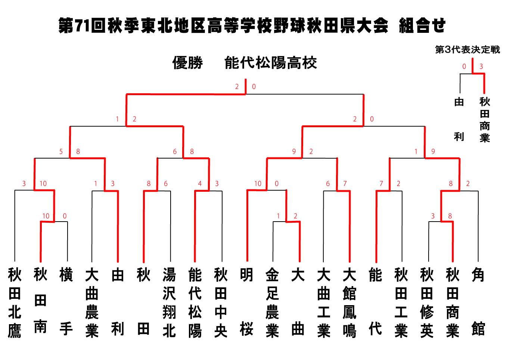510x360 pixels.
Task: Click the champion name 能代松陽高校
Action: (x=270, y=63)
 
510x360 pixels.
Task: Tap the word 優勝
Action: (x=187, y=63)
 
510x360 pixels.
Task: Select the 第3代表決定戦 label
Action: (x=467, y=50)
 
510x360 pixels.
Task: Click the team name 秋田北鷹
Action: (x=15, y=303)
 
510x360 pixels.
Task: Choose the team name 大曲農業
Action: (x=92, y=303)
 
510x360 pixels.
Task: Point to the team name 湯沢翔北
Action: (x=169, y=303)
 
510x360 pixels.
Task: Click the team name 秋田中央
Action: (x=220, y=303)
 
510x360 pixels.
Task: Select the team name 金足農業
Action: (x=272, y=303)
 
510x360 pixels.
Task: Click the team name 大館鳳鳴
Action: (x=349, y=303)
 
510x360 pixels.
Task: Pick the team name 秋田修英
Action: (x=427, y=303)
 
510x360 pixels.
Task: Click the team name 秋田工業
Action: (x=401, y=303)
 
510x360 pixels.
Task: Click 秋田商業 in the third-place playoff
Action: (x=485, y=120)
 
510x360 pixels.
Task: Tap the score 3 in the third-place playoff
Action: (x=481, y=66)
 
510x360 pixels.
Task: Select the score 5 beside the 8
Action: (x=61, y=151)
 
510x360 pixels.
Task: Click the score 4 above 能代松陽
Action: (x=200, y=184)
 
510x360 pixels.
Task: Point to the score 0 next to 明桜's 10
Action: (x=277, y=184)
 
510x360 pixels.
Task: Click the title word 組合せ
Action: (x=423, y=25)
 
